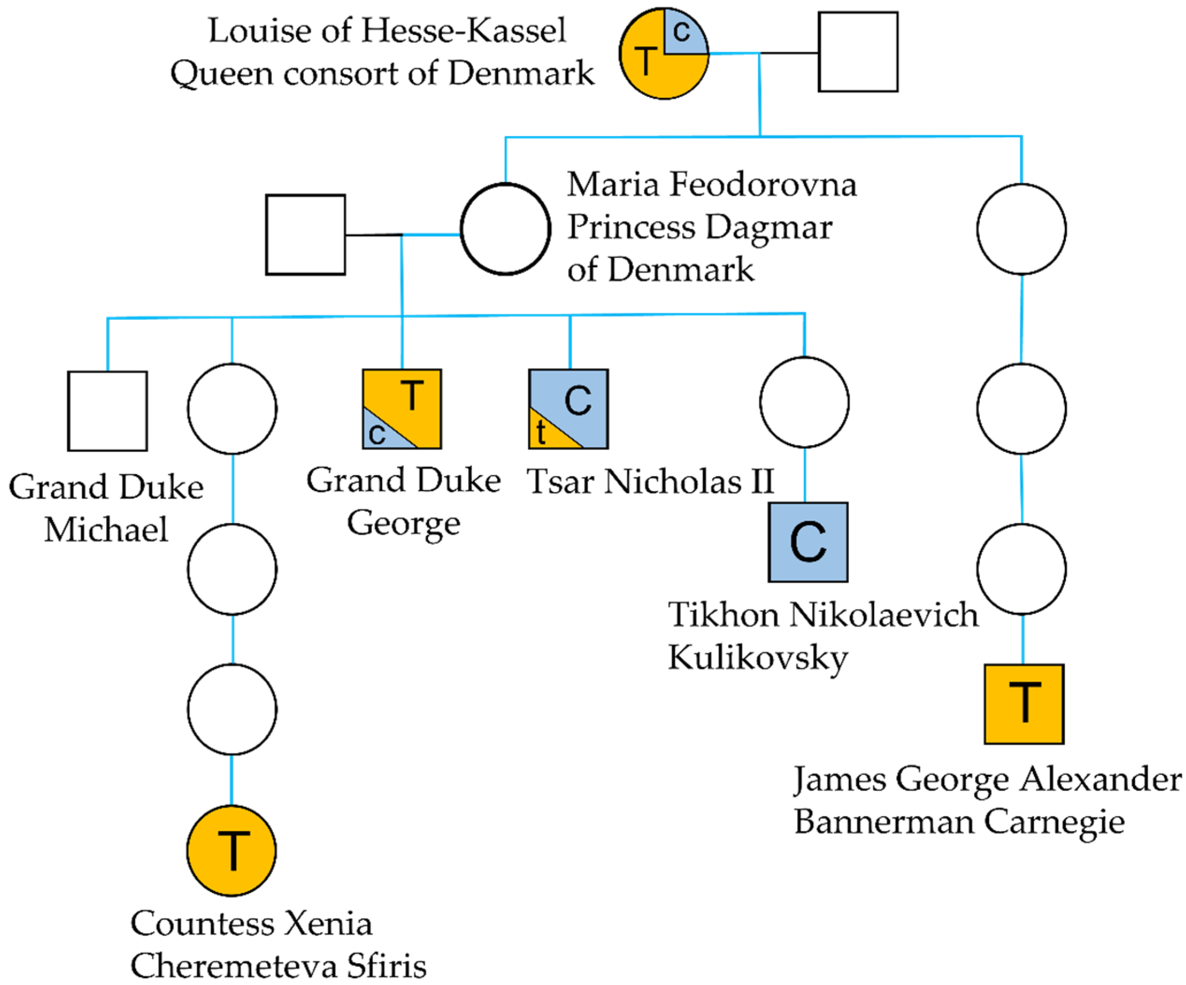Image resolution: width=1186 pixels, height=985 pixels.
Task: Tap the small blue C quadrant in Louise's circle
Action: coord(683,33)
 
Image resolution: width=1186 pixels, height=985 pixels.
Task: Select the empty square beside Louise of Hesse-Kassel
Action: coord(858,52)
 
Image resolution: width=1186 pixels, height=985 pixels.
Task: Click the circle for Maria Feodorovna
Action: coord(505,229)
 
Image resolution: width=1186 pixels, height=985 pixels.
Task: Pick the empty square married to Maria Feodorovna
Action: coord(306,234)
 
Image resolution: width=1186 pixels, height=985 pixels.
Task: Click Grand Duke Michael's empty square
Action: coord(108,411)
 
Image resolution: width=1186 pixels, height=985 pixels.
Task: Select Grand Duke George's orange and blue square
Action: coord(402,409)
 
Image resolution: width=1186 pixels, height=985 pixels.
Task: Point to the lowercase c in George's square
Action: coord(377,434)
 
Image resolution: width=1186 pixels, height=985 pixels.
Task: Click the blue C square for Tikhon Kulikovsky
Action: coord(808,542)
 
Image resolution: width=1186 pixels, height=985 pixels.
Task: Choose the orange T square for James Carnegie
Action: coord(1024,704)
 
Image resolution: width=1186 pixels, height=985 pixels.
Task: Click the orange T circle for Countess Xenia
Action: coord(231,850)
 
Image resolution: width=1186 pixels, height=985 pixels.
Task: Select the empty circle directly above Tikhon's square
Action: coord(804,402)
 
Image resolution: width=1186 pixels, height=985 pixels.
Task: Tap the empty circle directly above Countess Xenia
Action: coord(232,709)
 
